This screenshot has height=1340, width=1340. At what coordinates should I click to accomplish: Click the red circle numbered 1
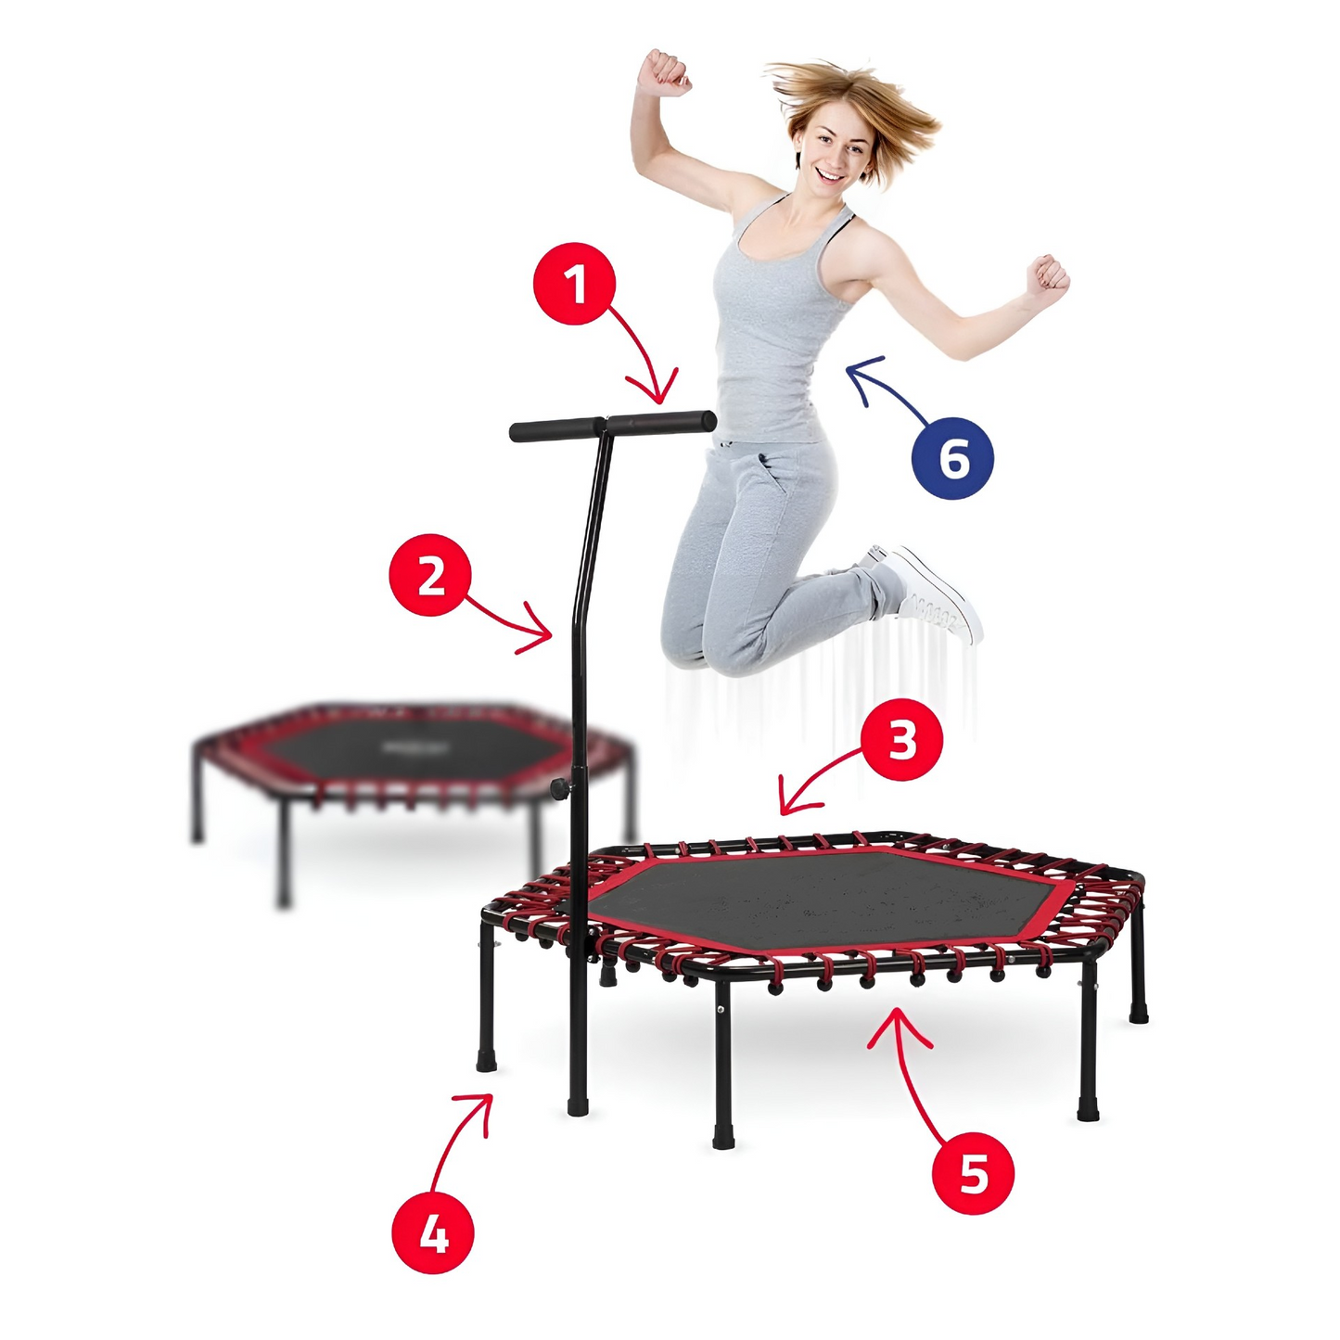(575, 283)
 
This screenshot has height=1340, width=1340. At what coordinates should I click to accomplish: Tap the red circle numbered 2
(430, 575)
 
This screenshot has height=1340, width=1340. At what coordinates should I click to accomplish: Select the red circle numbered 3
(901, 741)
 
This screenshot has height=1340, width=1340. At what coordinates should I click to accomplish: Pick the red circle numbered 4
(433, 1232)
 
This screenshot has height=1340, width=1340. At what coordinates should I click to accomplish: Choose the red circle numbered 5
(973, 1173)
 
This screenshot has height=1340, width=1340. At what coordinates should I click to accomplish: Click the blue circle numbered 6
(952, 458)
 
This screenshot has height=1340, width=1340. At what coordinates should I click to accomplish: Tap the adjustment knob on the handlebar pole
(560, 788)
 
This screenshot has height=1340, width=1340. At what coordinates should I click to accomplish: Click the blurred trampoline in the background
(408, 760)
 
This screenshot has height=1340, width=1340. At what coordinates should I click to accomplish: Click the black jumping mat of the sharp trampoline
(825, 895)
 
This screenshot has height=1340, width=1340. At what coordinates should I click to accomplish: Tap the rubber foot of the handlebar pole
(578, 1105)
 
